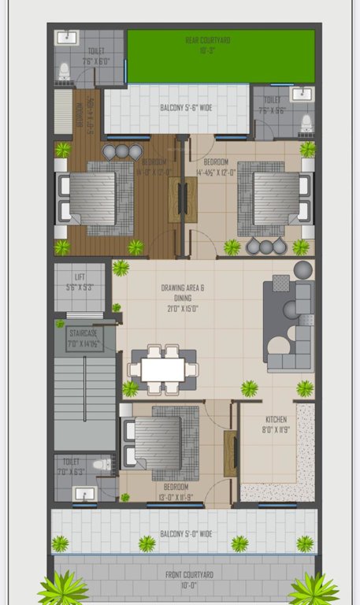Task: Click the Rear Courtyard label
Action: pos(208,39)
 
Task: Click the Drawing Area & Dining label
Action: pos(183,293)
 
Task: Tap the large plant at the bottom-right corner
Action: pos(314,588)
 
